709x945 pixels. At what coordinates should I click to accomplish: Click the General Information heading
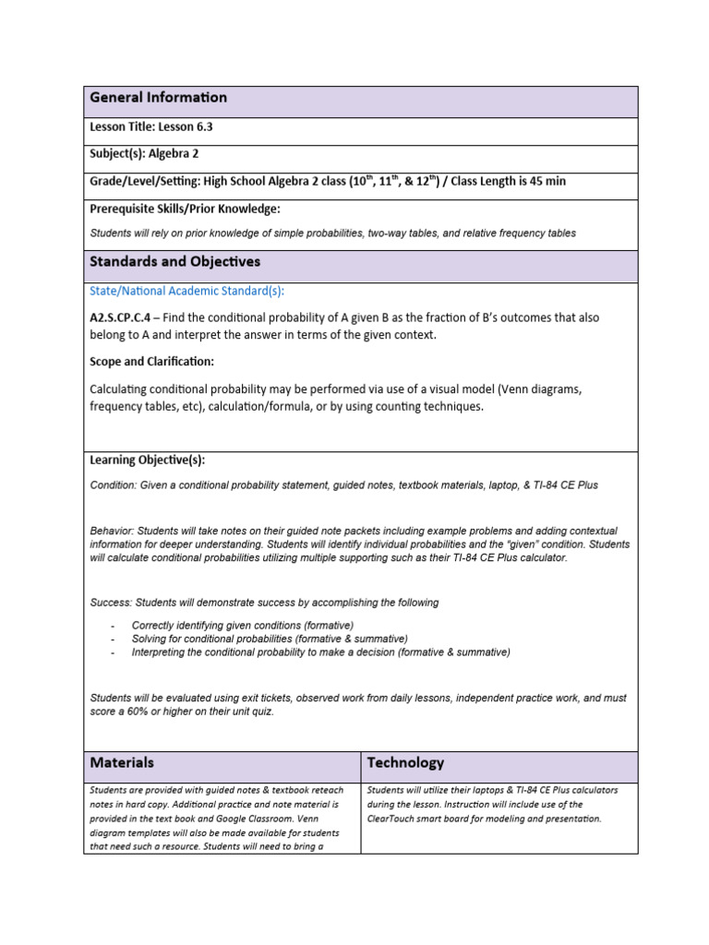coord(158,98)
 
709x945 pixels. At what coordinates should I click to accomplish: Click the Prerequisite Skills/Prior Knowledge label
coord(185,209)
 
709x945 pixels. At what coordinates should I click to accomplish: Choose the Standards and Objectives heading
coord(174,262)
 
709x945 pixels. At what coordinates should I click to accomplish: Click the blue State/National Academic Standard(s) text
coord(186,291)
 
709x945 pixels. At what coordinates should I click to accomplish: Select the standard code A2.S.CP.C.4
coord(124,317)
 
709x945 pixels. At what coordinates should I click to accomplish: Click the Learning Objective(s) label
coord(148,460)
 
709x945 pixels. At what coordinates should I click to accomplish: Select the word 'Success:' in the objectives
coord(112,603)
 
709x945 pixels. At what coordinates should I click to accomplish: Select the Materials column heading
coord(122,763)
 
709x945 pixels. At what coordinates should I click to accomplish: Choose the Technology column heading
coord(405,763)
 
